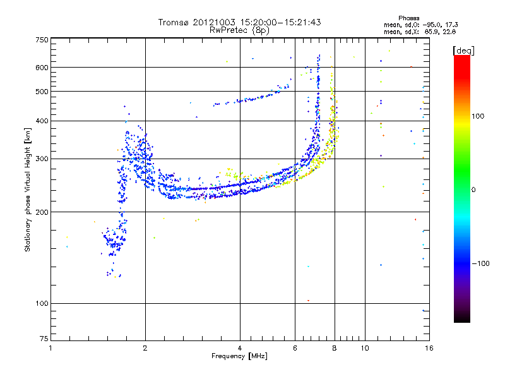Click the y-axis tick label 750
point(42,40)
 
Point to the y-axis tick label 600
point(42,68)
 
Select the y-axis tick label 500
point(42,92)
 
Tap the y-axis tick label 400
point(42,121)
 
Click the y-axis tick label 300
point(42,159)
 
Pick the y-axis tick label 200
point(42,212)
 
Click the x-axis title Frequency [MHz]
point(239,356)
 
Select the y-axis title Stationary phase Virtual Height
point(28,189)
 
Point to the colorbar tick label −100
point(482,263)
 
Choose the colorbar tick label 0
point(475,189)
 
